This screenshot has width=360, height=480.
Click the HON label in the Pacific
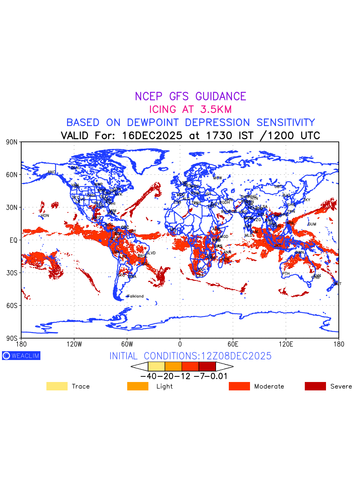click(45, 216)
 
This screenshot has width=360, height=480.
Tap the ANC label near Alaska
click(52, 172)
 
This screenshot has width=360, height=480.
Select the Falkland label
click(135, 296)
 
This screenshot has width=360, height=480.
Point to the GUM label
click(312, 224)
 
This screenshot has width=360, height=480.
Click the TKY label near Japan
click(307, 200)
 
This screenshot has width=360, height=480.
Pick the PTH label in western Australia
click(286, 274)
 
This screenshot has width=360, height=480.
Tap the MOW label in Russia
click(217, 178)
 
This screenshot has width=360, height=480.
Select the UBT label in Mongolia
click(278, 186)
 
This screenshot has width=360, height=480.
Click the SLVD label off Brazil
click(151, 253)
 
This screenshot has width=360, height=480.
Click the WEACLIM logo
click(21, 356)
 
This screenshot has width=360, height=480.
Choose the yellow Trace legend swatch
click(57, 386)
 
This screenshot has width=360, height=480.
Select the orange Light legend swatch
click(138, 386)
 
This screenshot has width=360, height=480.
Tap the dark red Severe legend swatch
click(315, 386)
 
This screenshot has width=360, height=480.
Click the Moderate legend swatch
click(239, 386)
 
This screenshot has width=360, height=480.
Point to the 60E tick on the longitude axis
click(233, 344)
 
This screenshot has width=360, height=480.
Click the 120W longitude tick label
click(74, 344)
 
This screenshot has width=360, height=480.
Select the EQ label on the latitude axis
click(14, 240)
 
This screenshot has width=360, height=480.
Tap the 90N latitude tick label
click(12, 142)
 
